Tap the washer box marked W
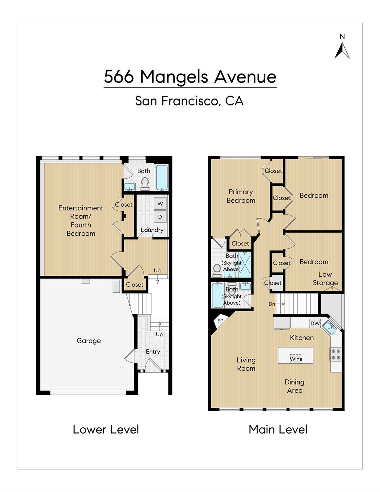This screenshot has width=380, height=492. coord(160,203)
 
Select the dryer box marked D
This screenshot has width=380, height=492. coord(160,217)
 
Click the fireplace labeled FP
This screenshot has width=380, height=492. coord(221,321)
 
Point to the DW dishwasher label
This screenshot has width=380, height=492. coord(315,323)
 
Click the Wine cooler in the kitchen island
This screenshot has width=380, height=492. coord(296,359)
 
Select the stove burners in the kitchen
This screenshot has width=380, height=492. coord(336,354)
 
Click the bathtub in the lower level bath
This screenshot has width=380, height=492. coord(162,178)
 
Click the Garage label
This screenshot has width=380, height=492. coord(89,341)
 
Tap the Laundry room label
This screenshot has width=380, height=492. coord(152,230)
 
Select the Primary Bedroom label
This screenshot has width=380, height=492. coord(241,196)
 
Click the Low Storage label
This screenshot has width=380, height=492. coord(325,278)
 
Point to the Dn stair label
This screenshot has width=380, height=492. coord(272,304)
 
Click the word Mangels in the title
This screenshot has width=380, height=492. coord(174,77)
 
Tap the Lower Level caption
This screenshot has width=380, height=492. coord(106,430)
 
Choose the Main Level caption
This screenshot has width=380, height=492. coord(278,430)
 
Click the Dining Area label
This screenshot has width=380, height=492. coord(294,386)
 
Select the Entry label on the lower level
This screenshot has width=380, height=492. coord(153,352)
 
